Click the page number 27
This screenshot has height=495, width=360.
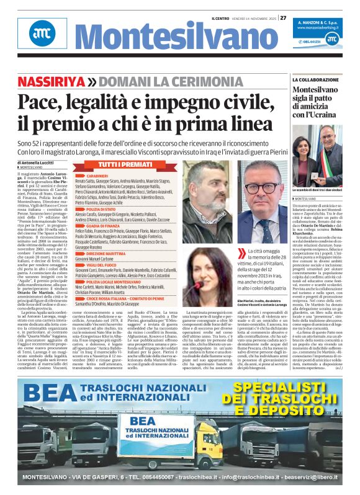[283, 18]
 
